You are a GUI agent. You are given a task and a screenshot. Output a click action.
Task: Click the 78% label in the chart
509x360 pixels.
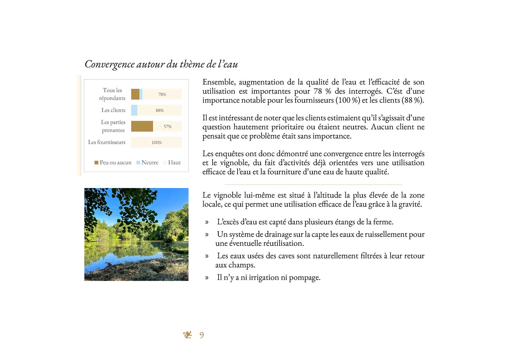pyautogui.click(x=162, y=95)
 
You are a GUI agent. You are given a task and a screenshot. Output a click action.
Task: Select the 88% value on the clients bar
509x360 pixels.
pyautogui.click(x=160, y=111)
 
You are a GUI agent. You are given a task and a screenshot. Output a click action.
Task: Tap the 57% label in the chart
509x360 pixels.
pyautogui.click(x=167, y=126)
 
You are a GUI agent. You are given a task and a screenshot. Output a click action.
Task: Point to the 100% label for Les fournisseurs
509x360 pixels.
pyautogui.click(x=157, y=142)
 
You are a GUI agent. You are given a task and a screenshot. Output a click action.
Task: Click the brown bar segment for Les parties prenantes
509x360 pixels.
pyautogui.click(x=142, y=126)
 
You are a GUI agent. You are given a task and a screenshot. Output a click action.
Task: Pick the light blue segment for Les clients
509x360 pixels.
pyautogui.click(x=134, y=111)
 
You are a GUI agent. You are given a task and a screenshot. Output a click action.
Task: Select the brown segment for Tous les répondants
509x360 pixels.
pyautogui.click(x=135, y=95)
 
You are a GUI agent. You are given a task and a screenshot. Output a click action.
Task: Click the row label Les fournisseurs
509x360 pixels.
pyautogui.click(x=107, y=142)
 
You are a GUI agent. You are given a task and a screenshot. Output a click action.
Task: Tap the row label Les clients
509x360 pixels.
pyautogui.click(x=113, y=110)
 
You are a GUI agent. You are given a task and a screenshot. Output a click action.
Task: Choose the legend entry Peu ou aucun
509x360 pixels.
pyautogui.click(x=113, y=162)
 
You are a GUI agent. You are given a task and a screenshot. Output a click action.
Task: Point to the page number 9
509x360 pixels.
pyautogui.click(x=202, y=335)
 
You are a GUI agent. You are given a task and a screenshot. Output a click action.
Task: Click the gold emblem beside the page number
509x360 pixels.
pyautogui.click(x=188, y=335)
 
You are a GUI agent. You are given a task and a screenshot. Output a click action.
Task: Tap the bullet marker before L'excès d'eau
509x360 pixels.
pyautogui.click(x=207, y=222)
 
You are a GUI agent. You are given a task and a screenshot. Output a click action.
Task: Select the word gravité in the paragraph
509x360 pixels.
pyautogui.click(x=410, y=204)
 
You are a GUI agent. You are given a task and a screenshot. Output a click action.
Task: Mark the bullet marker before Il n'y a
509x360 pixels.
pyautogui.click(x=207, y=278)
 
